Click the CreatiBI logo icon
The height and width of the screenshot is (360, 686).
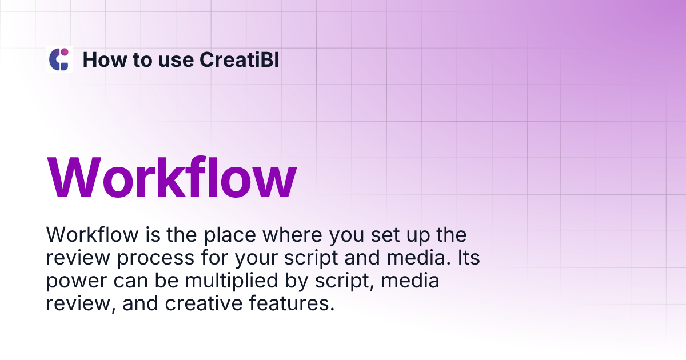[x=59, y=59]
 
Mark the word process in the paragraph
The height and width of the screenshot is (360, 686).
[x=155, y=258]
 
